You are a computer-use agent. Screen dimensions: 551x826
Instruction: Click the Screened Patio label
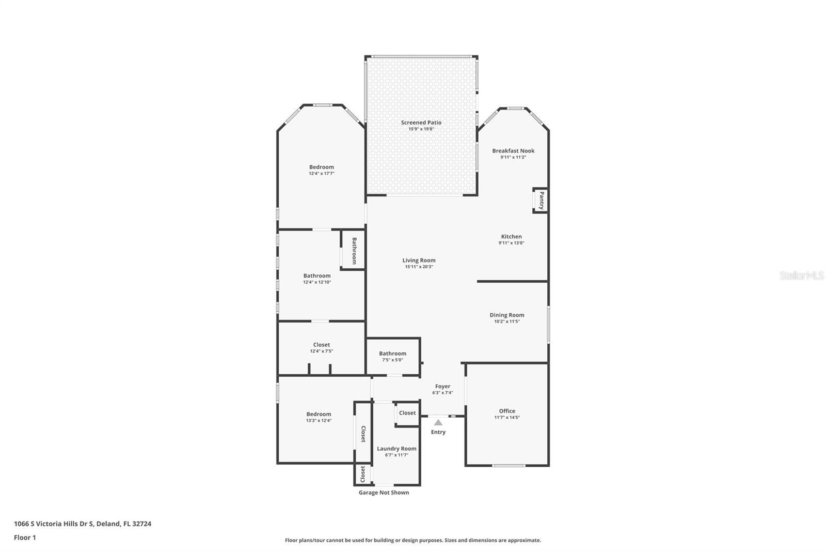pyautogui.click(x=421, y=123)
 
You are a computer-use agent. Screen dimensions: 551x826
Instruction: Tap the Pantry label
pyautogui.click(x=541, y=200)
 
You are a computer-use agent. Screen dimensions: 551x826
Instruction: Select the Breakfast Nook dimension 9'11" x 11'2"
pyautogui.click(x=513, y=157)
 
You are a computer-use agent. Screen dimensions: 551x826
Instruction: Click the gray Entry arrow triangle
pyautogui.click(x=438, y=422)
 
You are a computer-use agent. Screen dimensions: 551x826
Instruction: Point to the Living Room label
pyautogui.click(x=419, y=261)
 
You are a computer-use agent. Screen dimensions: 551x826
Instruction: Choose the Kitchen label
pyautogui.click(x=511, y=237)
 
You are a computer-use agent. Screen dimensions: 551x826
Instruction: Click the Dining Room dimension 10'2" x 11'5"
pyautogui.click(x=506, y=322)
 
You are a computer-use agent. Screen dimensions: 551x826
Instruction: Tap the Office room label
pyautogui.click(x=506, y=411)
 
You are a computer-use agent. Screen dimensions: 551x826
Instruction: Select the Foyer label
pyautogui.click(x=442, y=386)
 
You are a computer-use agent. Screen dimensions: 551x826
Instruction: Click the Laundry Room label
pyautogui.click(x=396, y=449)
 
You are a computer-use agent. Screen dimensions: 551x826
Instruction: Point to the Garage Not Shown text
pyautogui.click(x=384, y=493)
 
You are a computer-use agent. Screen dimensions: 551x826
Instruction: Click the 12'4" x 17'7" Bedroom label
pyautogui.click(x=321, y=167)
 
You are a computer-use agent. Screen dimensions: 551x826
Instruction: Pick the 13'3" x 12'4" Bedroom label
pyautogui.click(x=319, y=414)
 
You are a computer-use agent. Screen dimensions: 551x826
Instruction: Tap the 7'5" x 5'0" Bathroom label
pyautogui.click(x=392, y=354)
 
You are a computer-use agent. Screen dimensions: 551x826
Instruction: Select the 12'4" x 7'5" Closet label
pyautogui.click(x=321, y=345)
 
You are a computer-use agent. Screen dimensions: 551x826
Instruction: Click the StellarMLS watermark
pyautogui.click(x=801, y=276)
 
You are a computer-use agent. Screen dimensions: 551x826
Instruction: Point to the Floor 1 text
pyautogui.click(x=25, y=538)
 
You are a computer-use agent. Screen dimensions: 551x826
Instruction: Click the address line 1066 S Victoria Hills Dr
pyautogui.click(x=83, y=524)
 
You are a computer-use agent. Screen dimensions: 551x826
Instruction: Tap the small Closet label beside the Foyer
pyautogui.click(x=407, y=413)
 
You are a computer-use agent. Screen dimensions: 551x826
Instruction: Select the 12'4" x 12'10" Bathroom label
pyautogui.click(x=316, y=276)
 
